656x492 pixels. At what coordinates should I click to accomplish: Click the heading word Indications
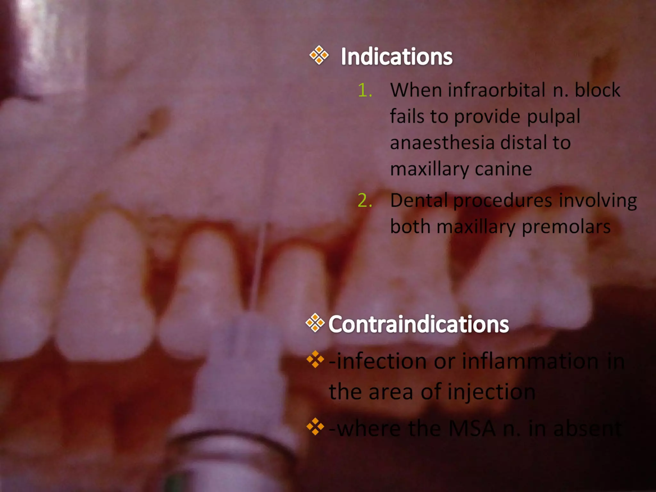tap(396, 57)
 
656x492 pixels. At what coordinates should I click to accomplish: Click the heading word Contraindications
tap(418, 324)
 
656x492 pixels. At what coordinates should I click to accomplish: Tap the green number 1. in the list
tap(365, 90)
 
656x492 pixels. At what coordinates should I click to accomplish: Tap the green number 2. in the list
tap(365, 201)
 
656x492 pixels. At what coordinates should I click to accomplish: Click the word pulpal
tap(553, 117)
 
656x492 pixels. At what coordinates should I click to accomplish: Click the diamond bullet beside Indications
tap(319, 55)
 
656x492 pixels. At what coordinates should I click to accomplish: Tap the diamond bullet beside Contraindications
tap(315, 323)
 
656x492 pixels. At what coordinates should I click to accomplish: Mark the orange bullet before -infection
tap(315, 359)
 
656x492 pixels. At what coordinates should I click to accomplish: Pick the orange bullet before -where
tap(315, 427)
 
